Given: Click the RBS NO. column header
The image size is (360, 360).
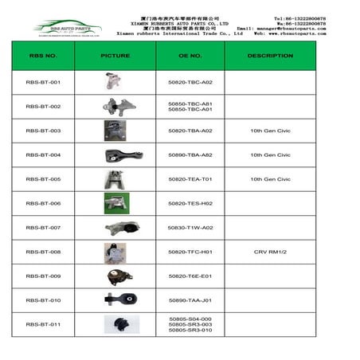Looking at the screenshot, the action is click(43, 57).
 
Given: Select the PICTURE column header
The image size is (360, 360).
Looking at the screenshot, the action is click(115, 57).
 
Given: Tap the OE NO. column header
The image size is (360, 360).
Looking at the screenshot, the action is click(190, 57).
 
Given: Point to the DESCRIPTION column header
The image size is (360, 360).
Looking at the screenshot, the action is click(270, 57).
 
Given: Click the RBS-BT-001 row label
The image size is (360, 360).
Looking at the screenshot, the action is click(43, 82).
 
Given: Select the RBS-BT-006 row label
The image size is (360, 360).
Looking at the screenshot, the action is click(43, 203).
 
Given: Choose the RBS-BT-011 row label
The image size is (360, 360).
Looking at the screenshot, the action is click(43, 324).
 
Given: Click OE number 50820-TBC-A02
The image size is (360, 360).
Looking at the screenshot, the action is click(190, 82).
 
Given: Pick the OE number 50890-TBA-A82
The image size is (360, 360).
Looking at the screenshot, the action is click(190, 155).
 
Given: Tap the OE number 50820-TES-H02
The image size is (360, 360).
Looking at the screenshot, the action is click(190, 203).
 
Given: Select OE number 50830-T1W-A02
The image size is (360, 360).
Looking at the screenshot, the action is click(190, 227).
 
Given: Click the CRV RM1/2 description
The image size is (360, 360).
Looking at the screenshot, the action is click(270, 252).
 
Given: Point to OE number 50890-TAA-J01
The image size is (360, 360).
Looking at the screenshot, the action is click(190, 299).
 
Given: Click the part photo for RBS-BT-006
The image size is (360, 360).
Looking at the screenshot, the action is click(115, 202).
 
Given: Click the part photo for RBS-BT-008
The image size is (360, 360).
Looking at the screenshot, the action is click(115, 252).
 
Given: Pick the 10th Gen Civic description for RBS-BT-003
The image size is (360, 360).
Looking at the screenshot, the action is click(270, 131).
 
